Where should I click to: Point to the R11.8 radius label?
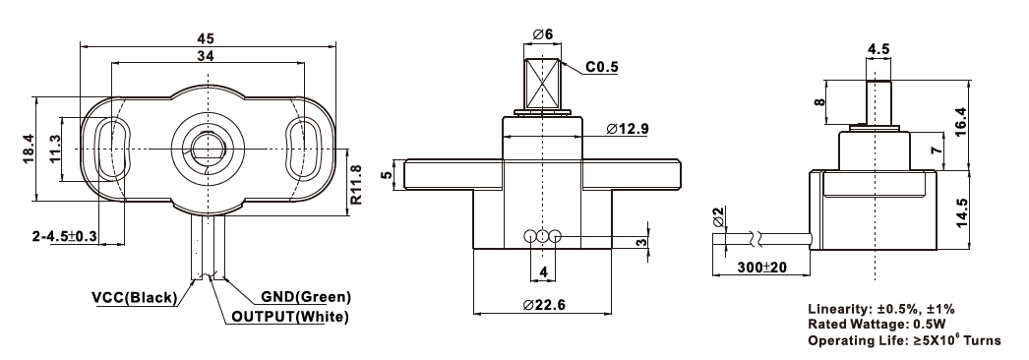356,184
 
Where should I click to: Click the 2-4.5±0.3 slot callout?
64,235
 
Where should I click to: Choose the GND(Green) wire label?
307,297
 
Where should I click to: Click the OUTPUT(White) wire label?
290,318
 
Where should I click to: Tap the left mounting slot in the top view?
113,150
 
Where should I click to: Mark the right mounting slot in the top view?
303,150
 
